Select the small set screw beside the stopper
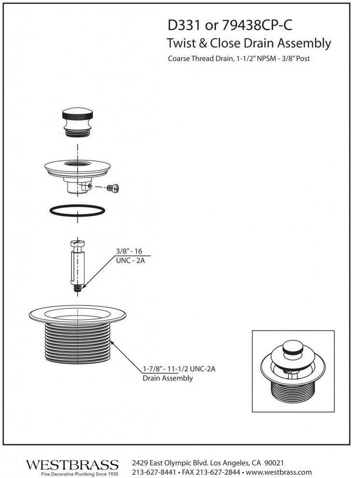[x=113, y=188]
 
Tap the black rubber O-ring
[x=77, y=211]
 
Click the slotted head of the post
[x=77, y=243]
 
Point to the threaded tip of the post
[x=78, y=288]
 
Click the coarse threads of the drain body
[x=78, y=343]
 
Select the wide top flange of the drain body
[x=77, y=314]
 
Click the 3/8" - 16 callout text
[x=129, y=251]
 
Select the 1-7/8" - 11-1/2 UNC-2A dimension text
[x=179, y=369]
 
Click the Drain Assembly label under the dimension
[x=168, y=379]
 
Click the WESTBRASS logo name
[x=72, y=465]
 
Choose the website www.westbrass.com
[x=278, y=472]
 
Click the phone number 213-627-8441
[x=154, y=472]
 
